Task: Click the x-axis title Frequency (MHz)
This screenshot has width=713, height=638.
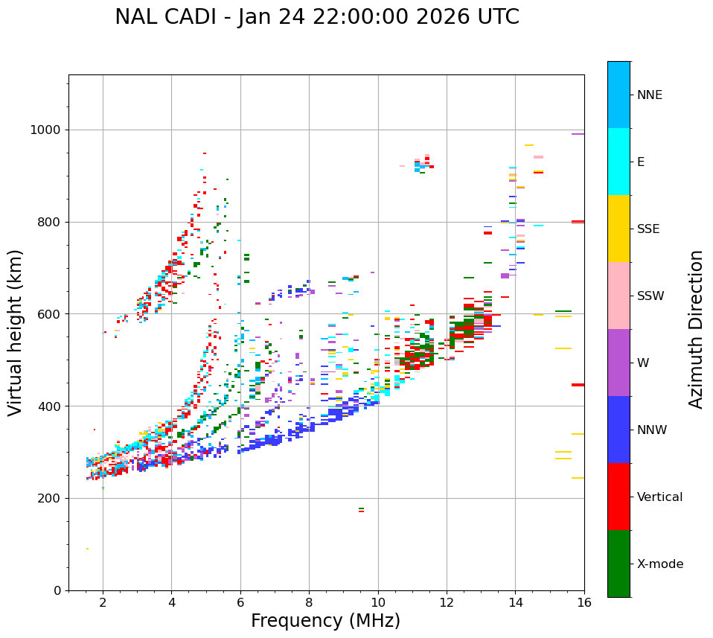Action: point(325,621)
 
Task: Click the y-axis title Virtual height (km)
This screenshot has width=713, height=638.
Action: point(16,333)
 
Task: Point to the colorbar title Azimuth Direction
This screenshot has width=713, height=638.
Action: point(696,329)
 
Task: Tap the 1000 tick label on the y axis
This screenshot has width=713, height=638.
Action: point(45,130)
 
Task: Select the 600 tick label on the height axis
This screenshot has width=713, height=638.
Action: point(50,314)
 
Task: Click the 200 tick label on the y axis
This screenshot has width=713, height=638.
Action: point(50,499)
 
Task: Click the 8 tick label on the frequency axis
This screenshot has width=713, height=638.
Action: point(309,602)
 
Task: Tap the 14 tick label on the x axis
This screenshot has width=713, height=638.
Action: point(515,602)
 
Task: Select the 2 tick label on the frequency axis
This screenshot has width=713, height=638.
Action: point(103,602)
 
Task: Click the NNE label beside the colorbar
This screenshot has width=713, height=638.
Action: point(650,95)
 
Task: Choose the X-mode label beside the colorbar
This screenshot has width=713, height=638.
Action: point(659,564)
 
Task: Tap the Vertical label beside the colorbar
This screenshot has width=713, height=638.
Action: point(659,497)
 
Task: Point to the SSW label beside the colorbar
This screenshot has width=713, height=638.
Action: point(650,296)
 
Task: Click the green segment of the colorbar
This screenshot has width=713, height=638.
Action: point(618,564)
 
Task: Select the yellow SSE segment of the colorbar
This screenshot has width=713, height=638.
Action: point(618,229)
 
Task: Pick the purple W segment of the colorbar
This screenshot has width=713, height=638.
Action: point(618,363)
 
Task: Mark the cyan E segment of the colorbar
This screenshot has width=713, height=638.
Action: point(618,162)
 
